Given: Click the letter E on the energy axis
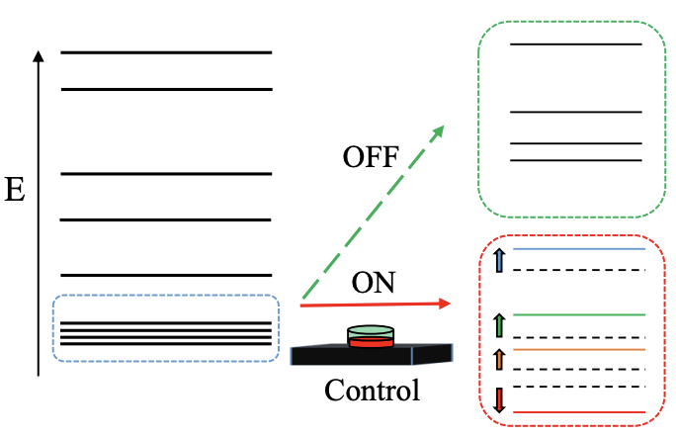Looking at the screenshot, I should tap(15, 190).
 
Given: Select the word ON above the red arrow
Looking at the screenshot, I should tap(375, 284).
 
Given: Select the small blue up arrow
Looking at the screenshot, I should tap(499, 261).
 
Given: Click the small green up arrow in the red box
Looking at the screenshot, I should tap(499, 324).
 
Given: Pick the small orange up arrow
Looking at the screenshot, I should tap(499, 358).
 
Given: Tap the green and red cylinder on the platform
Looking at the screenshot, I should tap(371, 337).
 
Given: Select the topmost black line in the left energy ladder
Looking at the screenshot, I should tap(166, 51).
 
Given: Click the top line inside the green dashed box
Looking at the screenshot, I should tap(576, 44).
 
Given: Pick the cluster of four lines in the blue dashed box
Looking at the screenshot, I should tap(166, 333).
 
